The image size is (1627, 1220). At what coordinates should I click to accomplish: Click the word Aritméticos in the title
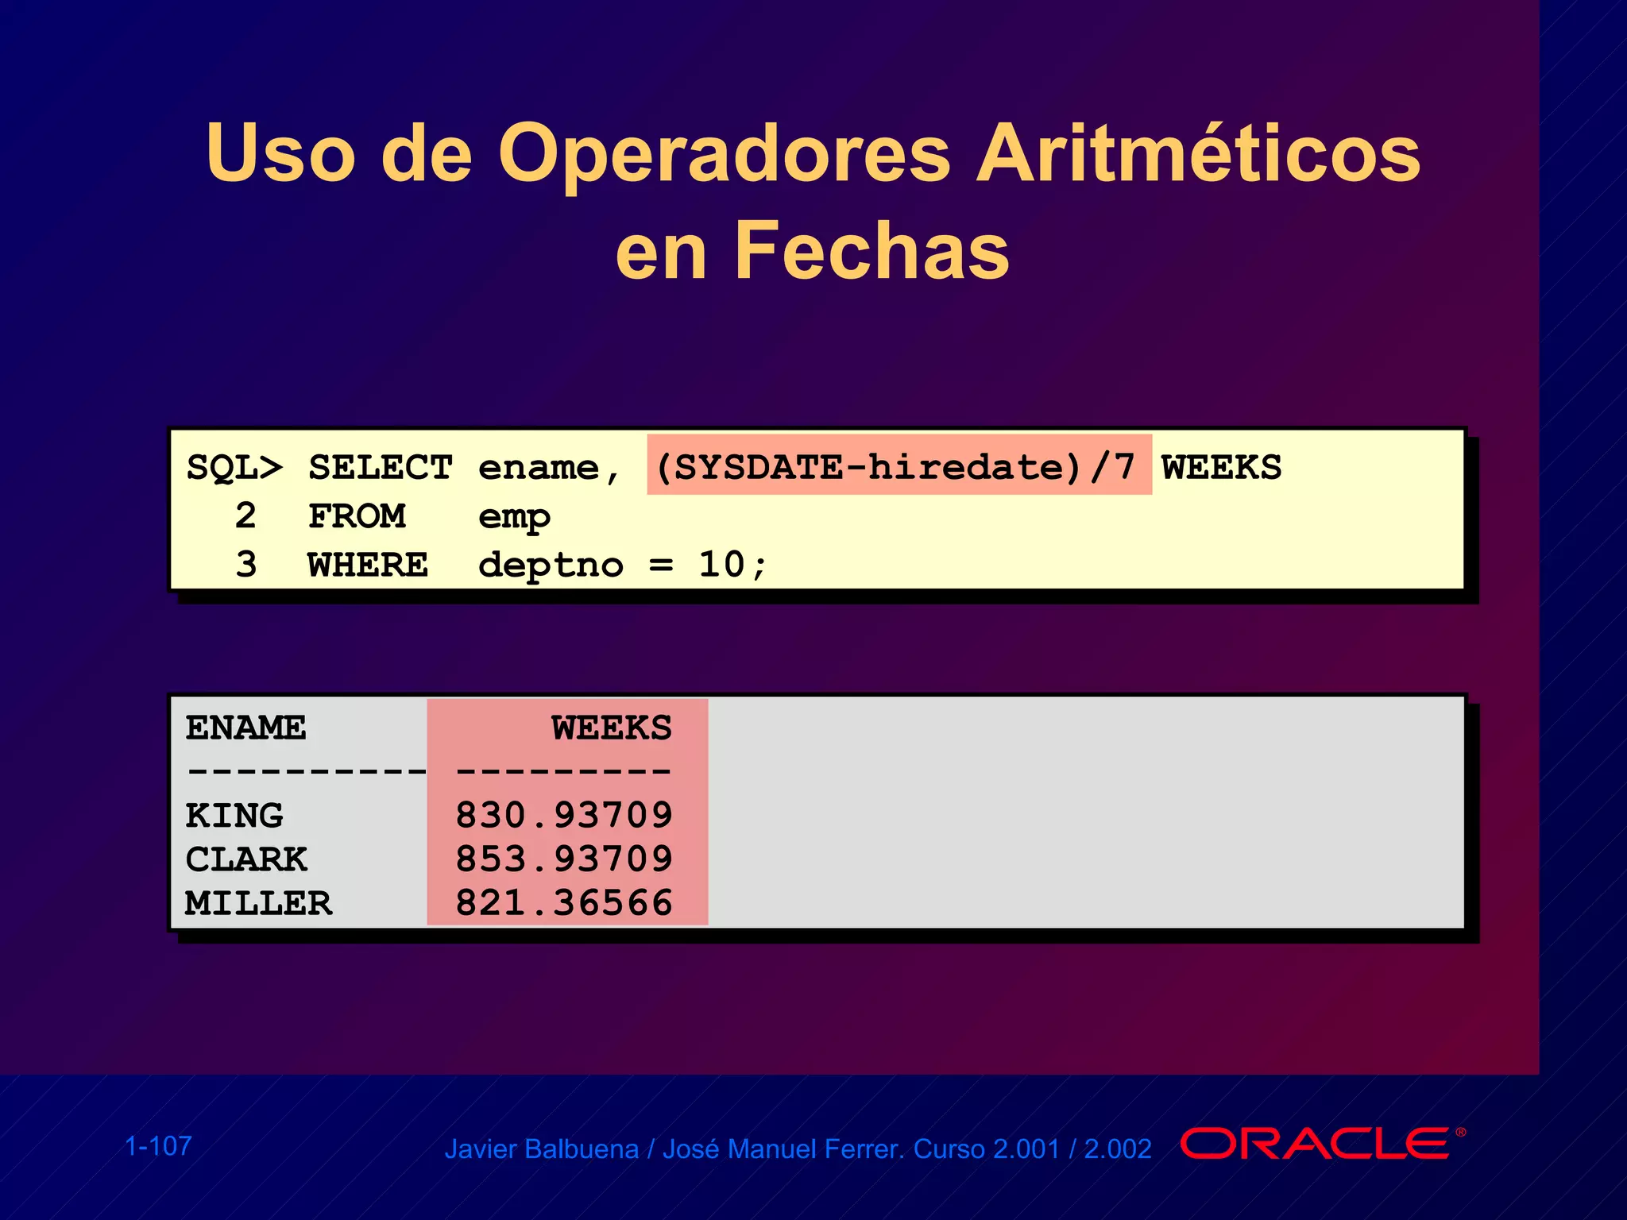click(x=1198, y=153)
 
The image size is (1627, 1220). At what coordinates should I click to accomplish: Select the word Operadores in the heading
click(x=724, y=153)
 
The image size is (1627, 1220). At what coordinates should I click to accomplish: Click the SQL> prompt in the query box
click(x=234, y=467)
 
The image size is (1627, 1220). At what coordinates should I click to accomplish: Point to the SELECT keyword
click(x=381, y=467)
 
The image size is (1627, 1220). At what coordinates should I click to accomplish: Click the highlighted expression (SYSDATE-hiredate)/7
click(x=898, y=466)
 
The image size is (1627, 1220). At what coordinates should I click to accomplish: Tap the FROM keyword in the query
click(x=357, y=516)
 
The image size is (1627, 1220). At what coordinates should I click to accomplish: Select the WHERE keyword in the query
click(x=368, y=565)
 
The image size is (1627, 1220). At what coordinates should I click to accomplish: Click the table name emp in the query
click(x=514, y=518)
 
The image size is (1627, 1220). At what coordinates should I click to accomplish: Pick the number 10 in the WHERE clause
click(x=721, y=565)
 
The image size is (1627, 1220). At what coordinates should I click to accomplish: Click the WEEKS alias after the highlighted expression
click(x=1221, y=467)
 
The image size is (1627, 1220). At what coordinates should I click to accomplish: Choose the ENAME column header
click(x=245, y=728)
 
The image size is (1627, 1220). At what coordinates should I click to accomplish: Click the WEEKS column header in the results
click(x=612, y=728)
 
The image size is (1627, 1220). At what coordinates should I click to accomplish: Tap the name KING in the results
click(x=234, y=816)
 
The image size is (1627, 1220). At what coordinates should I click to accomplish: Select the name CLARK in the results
click(x=246, y=859)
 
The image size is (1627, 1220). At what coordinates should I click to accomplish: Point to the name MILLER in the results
click(x=259, y=903)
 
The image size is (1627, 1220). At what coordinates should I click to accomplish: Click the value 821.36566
click(x=564, y=903)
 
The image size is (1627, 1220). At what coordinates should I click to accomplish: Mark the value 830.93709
click(x=564, y=816)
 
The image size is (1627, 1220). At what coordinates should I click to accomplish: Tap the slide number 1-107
click(x=159, y=1146)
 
